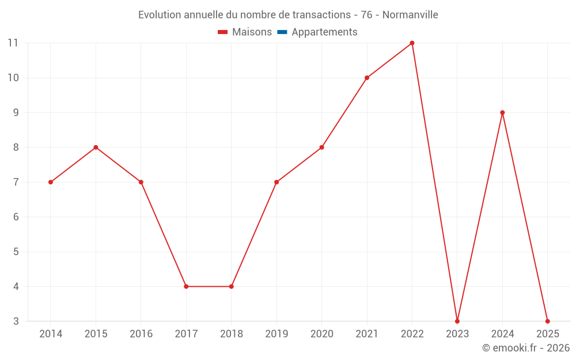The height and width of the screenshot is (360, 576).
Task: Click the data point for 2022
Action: click(x=412, y=43)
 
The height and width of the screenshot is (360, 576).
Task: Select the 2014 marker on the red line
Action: click(x=51, y=182)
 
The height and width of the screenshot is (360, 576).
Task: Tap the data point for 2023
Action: click(x=457, y=321)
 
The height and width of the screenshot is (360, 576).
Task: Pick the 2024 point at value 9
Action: click(x=502, y=112)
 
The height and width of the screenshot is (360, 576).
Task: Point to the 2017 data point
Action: click(x=186, y=286)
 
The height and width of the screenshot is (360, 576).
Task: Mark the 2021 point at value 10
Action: click(x=367, y=78)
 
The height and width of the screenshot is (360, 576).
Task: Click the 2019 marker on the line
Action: click(x=276, y=182)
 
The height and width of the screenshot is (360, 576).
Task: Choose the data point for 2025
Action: click(x=547, y=321)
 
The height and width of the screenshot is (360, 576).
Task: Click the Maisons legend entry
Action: click(x=252, y=32)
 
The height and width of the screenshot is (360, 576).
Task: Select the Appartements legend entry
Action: click(x=324, y=32)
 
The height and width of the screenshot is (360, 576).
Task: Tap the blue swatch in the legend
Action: click(x=282, y=32)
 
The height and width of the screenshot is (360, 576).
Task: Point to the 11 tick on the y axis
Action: click(x=13, y=43)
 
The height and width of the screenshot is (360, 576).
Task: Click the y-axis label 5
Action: click(x=16, y=252)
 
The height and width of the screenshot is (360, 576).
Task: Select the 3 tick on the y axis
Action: click(x=16, y=321)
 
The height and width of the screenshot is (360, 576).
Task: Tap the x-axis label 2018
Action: click(x=232, y=334)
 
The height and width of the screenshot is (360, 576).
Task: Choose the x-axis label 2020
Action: click(x=321, y=334)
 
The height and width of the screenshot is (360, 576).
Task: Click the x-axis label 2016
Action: click(x=141, y=334)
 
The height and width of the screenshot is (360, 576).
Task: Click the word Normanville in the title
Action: click(x=410, y=15)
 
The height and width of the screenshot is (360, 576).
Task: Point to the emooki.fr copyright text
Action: click(x=525, y=348)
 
